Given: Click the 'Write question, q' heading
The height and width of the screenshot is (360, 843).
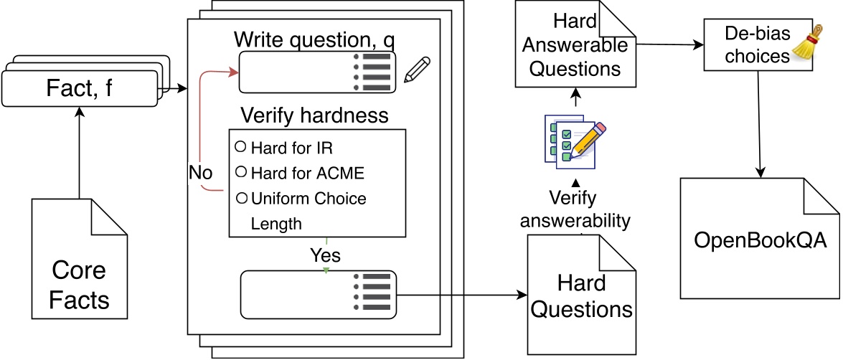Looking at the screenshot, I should tap(313, 38).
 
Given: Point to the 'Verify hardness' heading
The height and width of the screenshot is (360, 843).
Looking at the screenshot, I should tap(314, 115).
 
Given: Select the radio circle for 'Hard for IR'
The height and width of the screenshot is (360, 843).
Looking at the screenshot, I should tap(241, 147).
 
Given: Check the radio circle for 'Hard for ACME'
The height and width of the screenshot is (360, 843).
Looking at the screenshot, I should tap(241, 171).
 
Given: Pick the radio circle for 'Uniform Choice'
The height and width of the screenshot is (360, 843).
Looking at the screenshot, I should tap(241, 197).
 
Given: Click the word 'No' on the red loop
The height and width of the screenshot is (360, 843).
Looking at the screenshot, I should tap(201, 173).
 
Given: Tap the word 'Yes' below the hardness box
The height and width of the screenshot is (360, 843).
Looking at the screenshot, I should tap(325, 255).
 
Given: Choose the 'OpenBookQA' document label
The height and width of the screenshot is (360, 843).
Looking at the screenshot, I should tap(760, 240).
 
